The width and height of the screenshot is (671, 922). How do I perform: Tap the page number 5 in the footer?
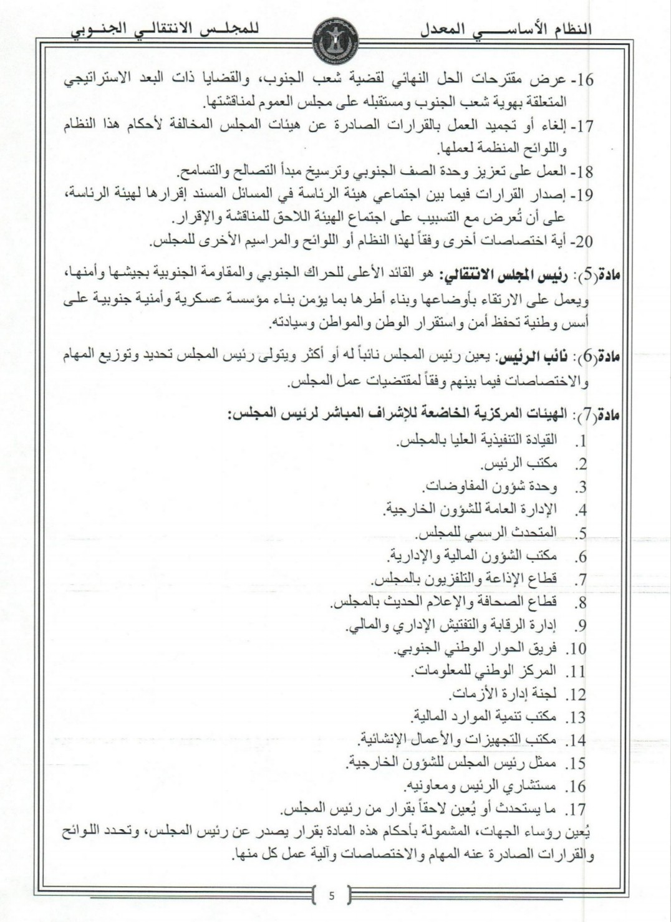point(332,897)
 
